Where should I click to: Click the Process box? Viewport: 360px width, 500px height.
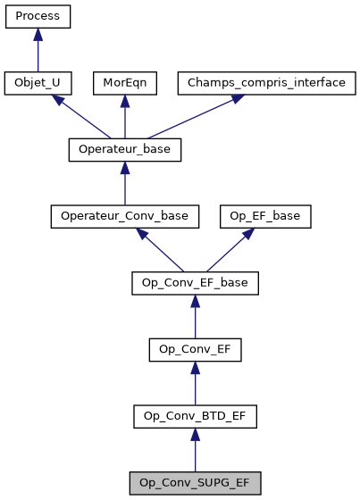(38, 16)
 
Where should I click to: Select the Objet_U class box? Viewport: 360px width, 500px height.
(38, 83)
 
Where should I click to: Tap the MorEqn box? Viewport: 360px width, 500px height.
(125, 83)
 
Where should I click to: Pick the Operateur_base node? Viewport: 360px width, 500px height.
(125, 150)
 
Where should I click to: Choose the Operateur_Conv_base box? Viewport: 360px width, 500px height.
(125, 217)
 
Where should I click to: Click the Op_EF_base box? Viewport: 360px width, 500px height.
(266, 217)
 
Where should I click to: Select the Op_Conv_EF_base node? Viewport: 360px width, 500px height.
(195, 284)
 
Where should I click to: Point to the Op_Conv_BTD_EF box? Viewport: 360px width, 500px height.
(195, 416)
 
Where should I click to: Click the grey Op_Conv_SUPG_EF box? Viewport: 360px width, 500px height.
(195, 483)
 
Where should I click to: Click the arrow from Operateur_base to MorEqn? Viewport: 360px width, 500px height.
(125, 117)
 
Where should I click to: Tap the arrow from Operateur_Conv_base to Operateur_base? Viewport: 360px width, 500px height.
(125, 184)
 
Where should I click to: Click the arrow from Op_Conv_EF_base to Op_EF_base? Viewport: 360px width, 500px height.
(232, 250)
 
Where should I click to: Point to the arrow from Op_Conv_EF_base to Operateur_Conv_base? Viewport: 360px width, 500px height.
(161, 251)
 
